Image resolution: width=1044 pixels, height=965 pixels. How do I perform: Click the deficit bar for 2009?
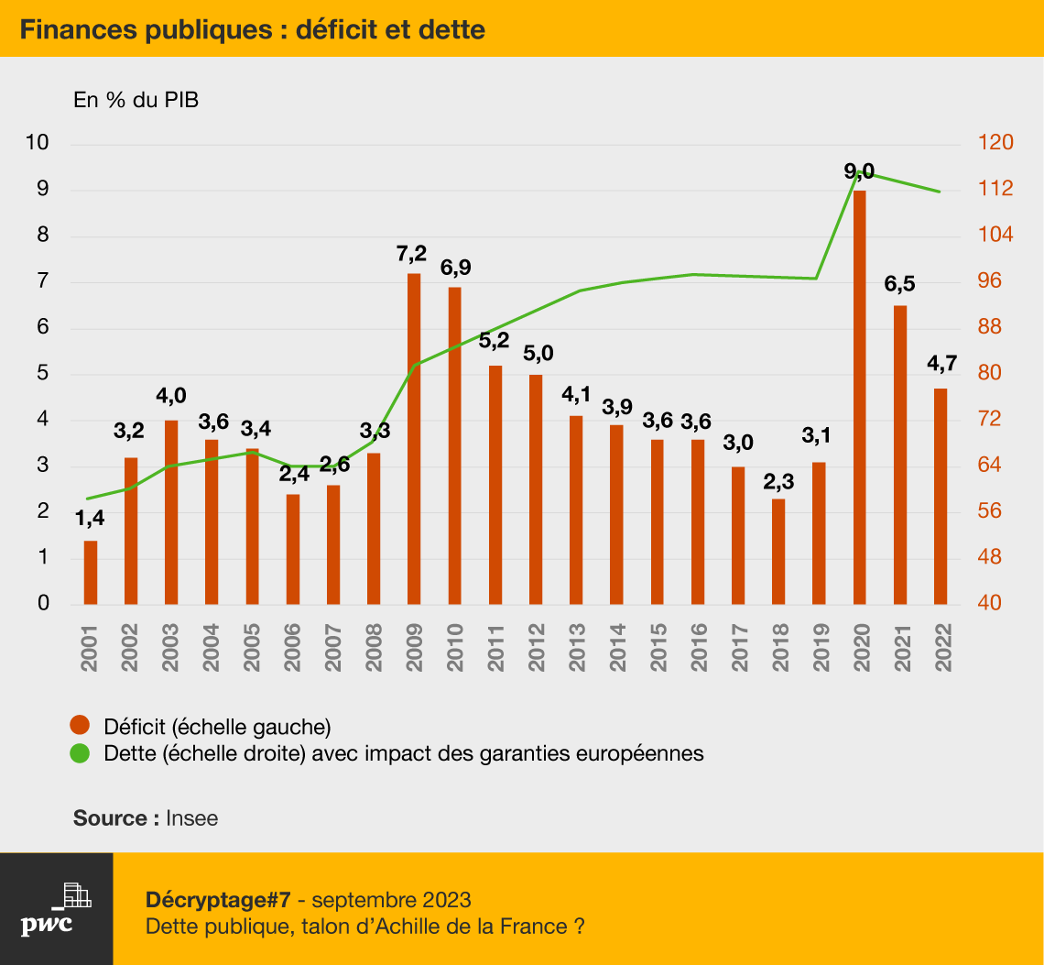(413, 439)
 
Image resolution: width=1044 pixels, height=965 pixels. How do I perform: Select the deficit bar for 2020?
(860, 397)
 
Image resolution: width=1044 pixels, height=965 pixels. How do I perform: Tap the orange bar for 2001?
(91, 573)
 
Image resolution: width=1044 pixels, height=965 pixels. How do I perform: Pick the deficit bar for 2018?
(778, 552)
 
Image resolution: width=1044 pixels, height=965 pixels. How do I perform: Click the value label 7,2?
(411, 254)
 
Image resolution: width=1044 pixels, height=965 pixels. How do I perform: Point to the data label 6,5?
(899, 285)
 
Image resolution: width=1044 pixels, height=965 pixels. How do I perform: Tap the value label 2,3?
(778, 481)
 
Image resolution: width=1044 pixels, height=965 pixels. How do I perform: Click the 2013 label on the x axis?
(576, 648)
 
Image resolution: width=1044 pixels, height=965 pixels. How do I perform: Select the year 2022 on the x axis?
(941, 648)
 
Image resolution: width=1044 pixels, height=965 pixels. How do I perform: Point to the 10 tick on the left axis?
(38, 142)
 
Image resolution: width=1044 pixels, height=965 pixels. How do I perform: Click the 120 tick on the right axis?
(995, 142)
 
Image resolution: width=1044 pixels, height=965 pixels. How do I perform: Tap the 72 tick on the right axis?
(989, 419)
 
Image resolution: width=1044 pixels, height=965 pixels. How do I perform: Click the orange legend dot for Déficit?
(80, 725)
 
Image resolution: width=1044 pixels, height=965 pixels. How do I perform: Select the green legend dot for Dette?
(80, 753)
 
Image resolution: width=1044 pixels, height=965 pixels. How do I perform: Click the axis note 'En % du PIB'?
(136, 100)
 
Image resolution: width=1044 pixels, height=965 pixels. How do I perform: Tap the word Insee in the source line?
(191, 817)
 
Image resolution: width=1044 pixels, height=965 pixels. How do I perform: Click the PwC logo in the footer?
(56, 909)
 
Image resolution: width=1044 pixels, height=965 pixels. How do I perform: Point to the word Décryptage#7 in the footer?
(218, 900)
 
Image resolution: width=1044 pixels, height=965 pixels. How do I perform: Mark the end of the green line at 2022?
(941, 192)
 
